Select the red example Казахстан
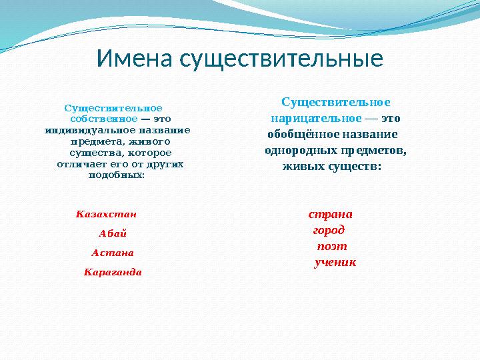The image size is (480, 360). pyautogui.click(x=107, y=215)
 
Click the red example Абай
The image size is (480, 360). pyautogui.click(x=113, y=233)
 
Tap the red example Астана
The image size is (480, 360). pyautogui.click(x=113, y=253)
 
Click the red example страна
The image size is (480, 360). pyautogui.click(x=331, y=215)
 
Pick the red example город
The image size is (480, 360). pyautogui.click(x=329, y=231)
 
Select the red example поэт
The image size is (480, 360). pyautogui.click(x=331, y=247)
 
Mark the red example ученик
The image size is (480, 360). pyautogui.click(x=335, y=263)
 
